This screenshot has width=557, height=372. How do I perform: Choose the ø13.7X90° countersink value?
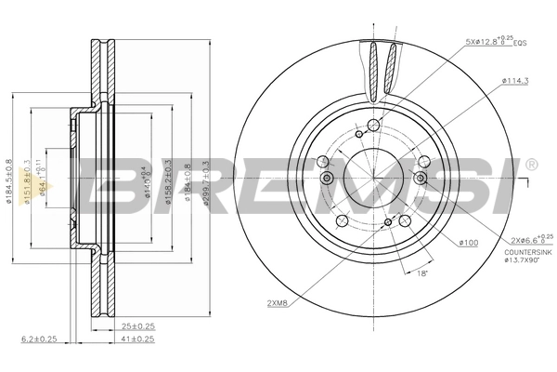(x=525, y=262)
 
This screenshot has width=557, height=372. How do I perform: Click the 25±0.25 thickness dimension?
(x=138, y=325)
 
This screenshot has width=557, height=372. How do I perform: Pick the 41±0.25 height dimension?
(x=138, y=339)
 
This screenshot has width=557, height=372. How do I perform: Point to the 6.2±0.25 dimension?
(x=38, y=339)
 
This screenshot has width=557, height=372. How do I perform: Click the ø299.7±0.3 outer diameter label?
(x=205, y=182)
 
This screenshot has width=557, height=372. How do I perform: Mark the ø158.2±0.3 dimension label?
(x=167, y=182)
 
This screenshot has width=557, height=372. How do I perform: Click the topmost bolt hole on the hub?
(x=374, y=126)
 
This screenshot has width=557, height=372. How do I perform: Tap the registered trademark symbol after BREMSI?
(x=530, y=165)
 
